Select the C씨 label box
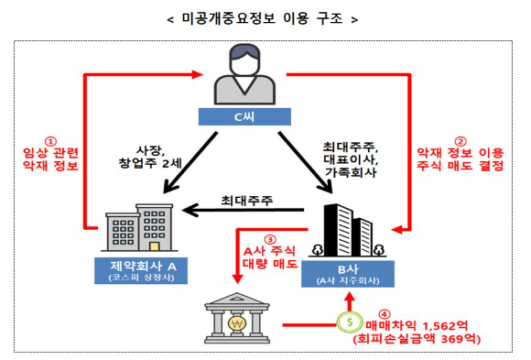point(244,117)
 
